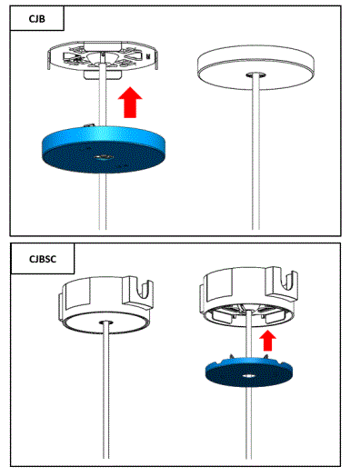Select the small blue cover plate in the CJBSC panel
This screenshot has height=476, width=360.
(x=249, y=372)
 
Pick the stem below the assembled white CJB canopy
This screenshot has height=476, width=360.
(x=257, y=154)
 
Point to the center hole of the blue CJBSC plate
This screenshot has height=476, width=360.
(x=248, y=374)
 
